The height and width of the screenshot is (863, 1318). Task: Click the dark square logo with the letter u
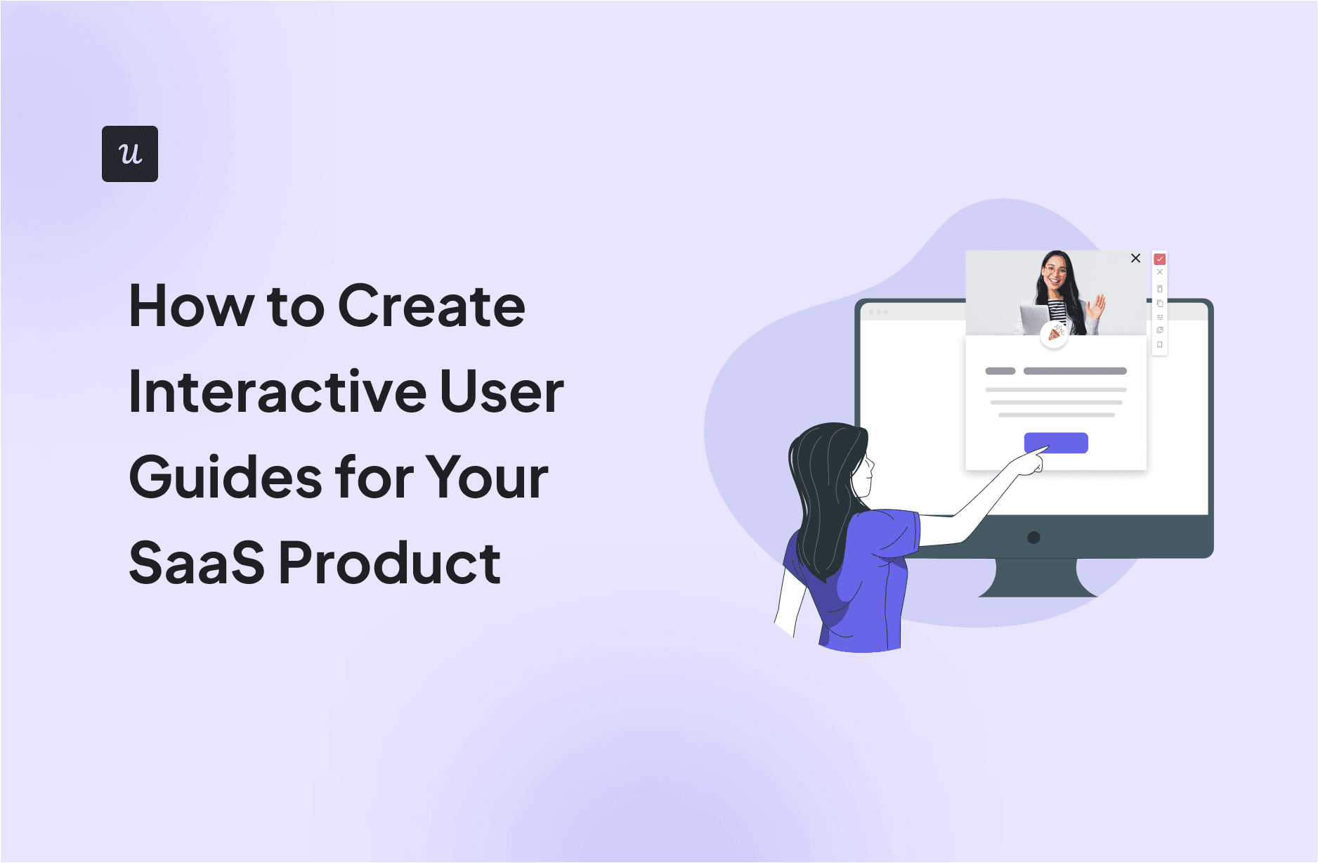tap(130, 154)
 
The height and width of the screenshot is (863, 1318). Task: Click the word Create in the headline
tap(431, 306)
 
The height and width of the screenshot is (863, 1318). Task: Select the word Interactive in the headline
tap(278, 392)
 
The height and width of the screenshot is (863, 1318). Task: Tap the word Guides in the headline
tap(225, 478)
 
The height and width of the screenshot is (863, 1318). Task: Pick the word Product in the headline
tap(390, 564)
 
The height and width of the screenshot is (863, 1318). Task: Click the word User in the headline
tap(502, 392)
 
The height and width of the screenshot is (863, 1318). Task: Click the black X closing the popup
tap(1135, 259)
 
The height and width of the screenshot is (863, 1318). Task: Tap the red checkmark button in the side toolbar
tap(1160, 259)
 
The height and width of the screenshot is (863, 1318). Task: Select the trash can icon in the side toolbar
tap(1160, 289)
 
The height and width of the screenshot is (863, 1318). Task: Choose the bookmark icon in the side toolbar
tap(1160, 345)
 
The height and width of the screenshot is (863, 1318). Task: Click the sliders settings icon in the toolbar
tap(1160, 317)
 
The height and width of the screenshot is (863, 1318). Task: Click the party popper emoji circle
tap(1054, 334)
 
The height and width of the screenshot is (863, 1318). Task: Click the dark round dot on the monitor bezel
tap(1033, 538)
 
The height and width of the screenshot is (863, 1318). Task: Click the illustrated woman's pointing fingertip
tap(1046, 448)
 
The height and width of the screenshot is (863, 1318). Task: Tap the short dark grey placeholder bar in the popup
tap(1000, 371)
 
